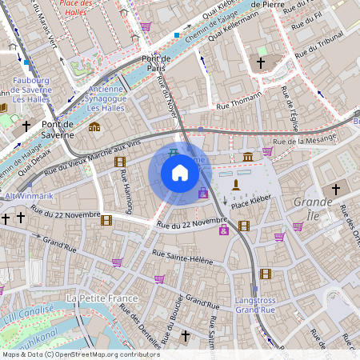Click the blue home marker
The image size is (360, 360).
coord(180,173)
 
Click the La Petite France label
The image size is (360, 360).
coord(102,298)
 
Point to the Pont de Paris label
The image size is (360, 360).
coord(158,64)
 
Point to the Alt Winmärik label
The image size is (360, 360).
coord(28,196)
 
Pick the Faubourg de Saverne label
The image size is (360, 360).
coord(32,86)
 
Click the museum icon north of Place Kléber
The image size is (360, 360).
coord(248,156)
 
